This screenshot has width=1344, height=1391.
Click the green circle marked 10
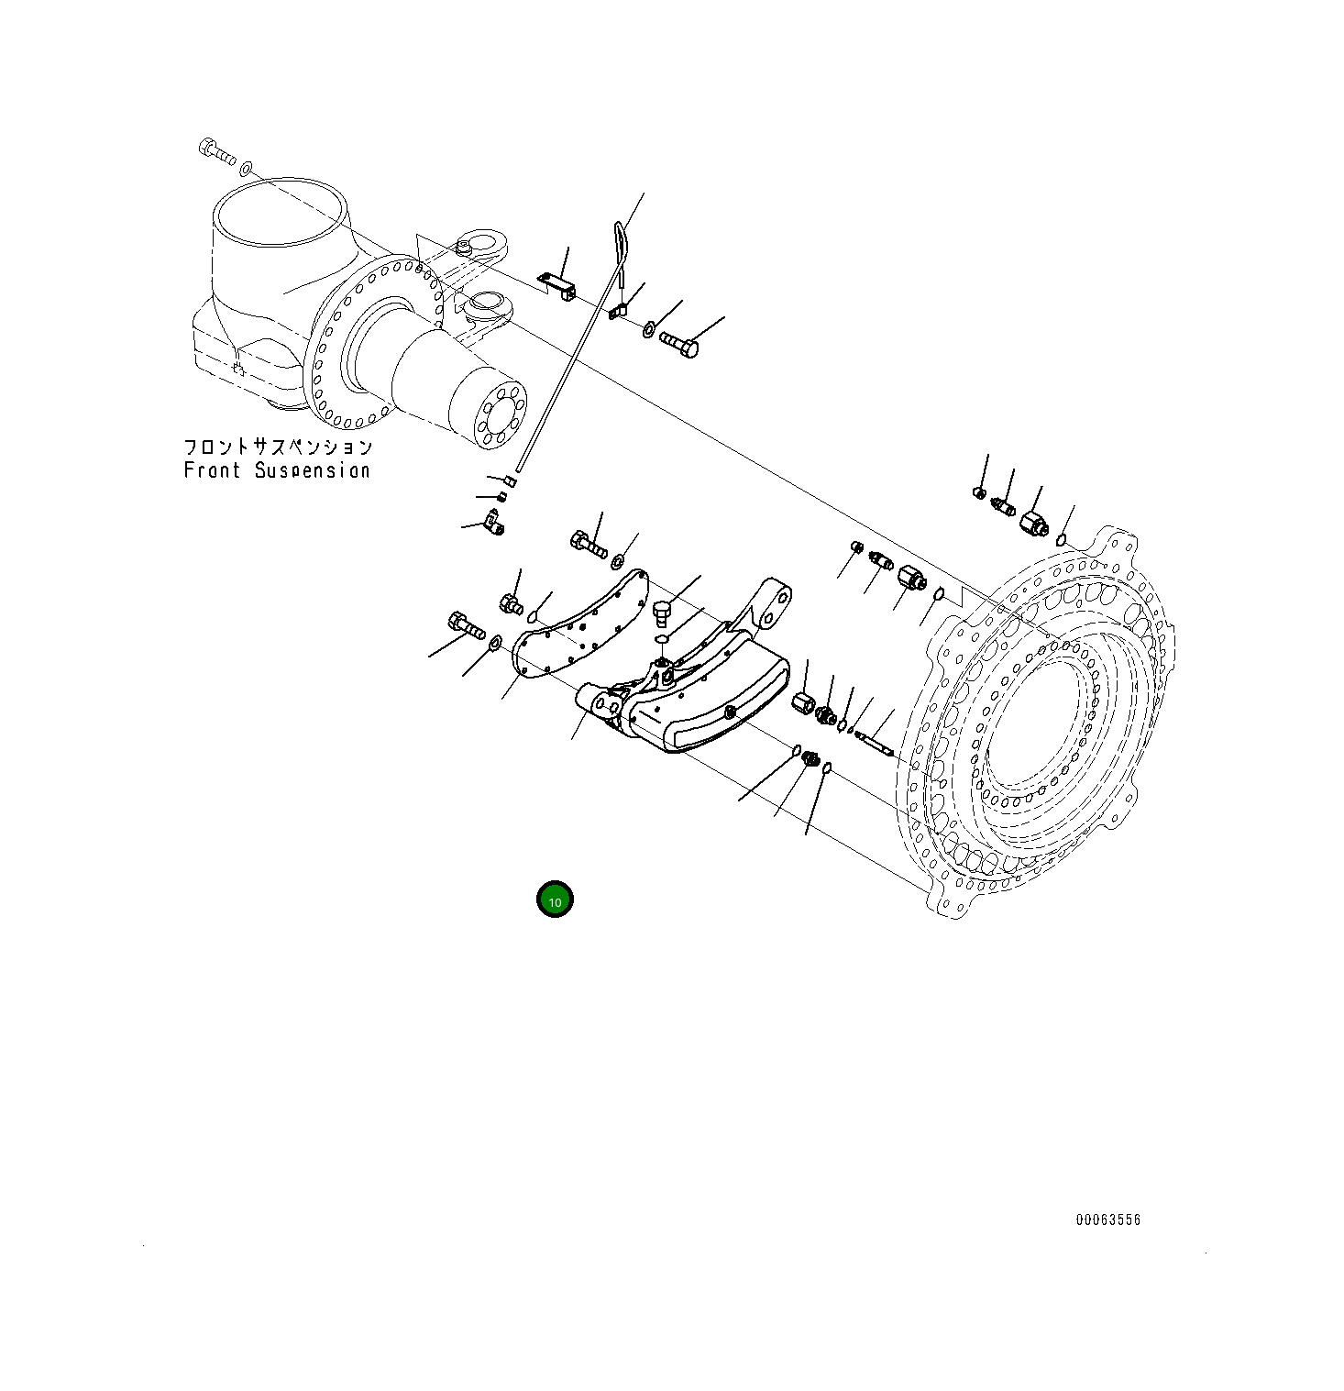(555, 900)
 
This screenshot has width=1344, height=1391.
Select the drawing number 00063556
(1107, 1220)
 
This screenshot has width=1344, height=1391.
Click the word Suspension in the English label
(312, 470)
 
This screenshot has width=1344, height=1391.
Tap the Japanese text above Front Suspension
(278, 447)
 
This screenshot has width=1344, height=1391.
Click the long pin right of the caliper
(875, 741)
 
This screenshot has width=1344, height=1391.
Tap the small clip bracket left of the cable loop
(558, 284)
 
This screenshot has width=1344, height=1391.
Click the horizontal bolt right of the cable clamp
(678, 345)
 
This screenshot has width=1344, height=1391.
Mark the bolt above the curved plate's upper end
(588, 545)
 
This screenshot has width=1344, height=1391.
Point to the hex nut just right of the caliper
(803, 706)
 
